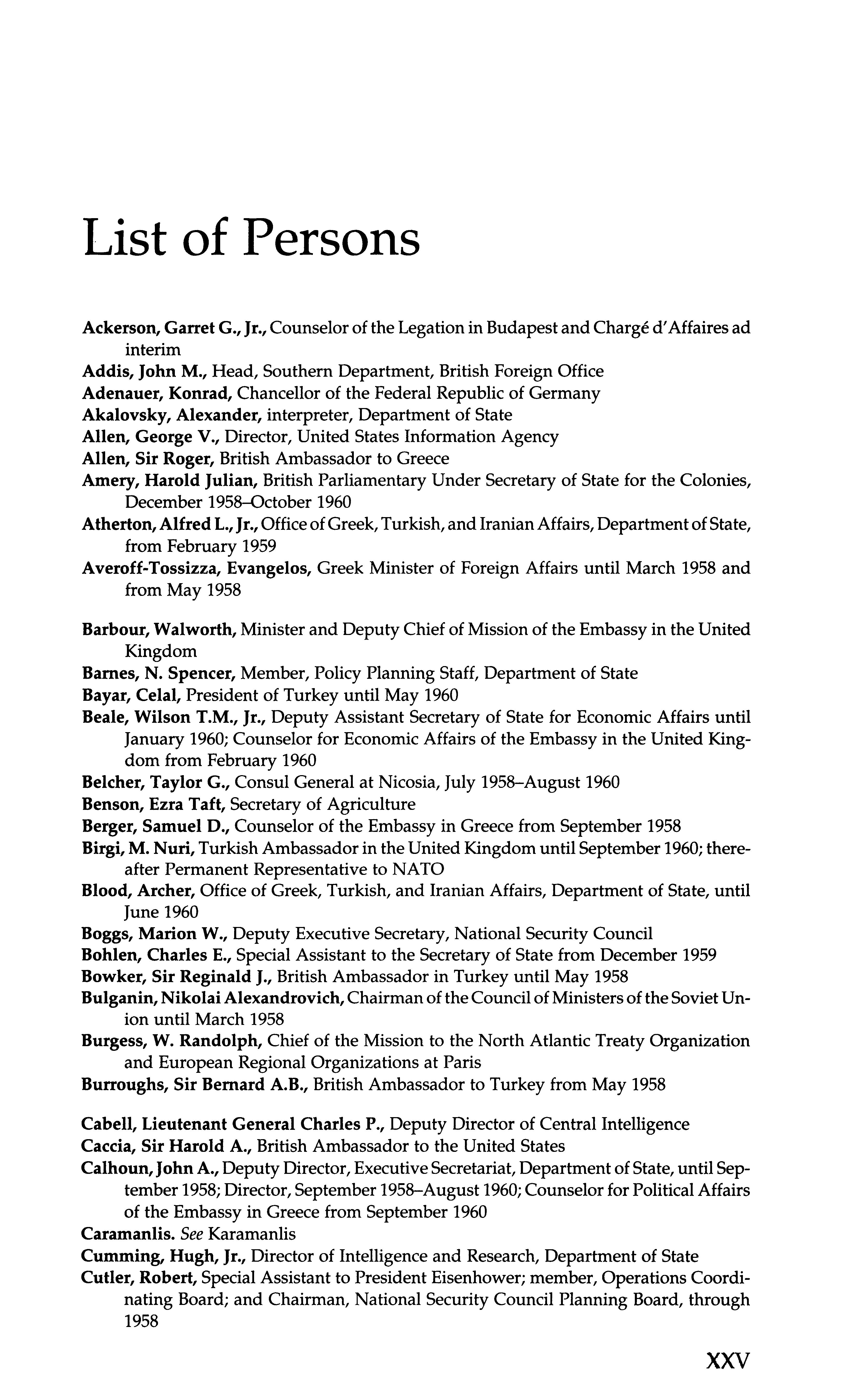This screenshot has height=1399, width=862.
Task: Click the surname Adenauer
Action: pos(120,393)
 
